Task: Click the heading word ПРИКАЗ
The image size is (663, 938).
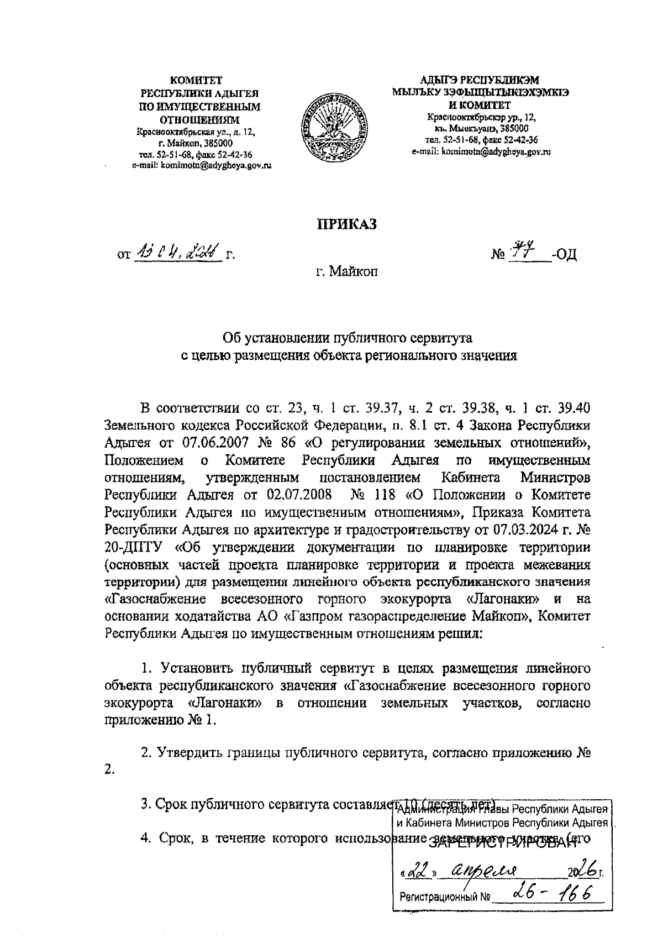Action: point(346,223)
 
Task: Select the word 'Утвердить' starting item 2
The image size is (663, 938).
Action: point(194,752)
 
